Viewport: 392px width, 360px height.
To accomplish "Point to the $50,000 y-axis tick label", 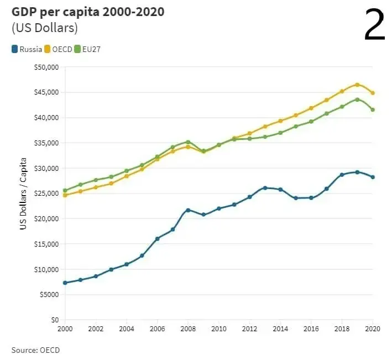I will point(46,67).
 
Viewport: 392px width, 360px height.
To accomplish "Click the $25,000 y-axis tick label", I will point(46,194).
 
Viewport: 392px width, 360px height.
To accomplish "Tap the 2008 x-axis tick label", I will point(188,328).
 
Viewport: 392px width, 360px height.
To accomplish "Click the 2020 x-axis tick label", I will point(372,328).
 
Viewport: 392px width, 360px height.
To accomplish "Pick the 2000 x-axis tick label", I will point(65,328).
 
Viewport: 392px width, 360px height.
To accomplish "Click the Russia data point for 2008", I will point(188,210).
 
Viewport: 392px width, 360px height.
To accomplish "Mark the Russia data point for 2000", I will point(65,283).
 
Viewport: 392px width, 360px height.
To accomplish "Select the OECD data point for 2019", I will point(357,85).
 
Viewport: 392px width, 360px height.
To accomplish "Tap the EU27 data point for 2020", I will point(373,109).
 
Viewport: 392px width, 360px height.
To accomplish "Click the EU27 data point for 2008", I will point(188,142).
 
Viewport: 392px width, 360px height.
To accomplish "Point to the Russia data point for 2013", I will point(265,188).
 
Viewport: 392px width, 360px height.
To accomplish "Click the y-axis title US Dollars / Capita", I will point(23,193).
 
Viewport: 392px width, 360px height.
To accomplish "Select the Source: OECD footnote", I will point(35,350).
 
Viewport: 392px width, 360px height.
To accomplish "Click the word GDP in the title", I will point(24,12).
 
